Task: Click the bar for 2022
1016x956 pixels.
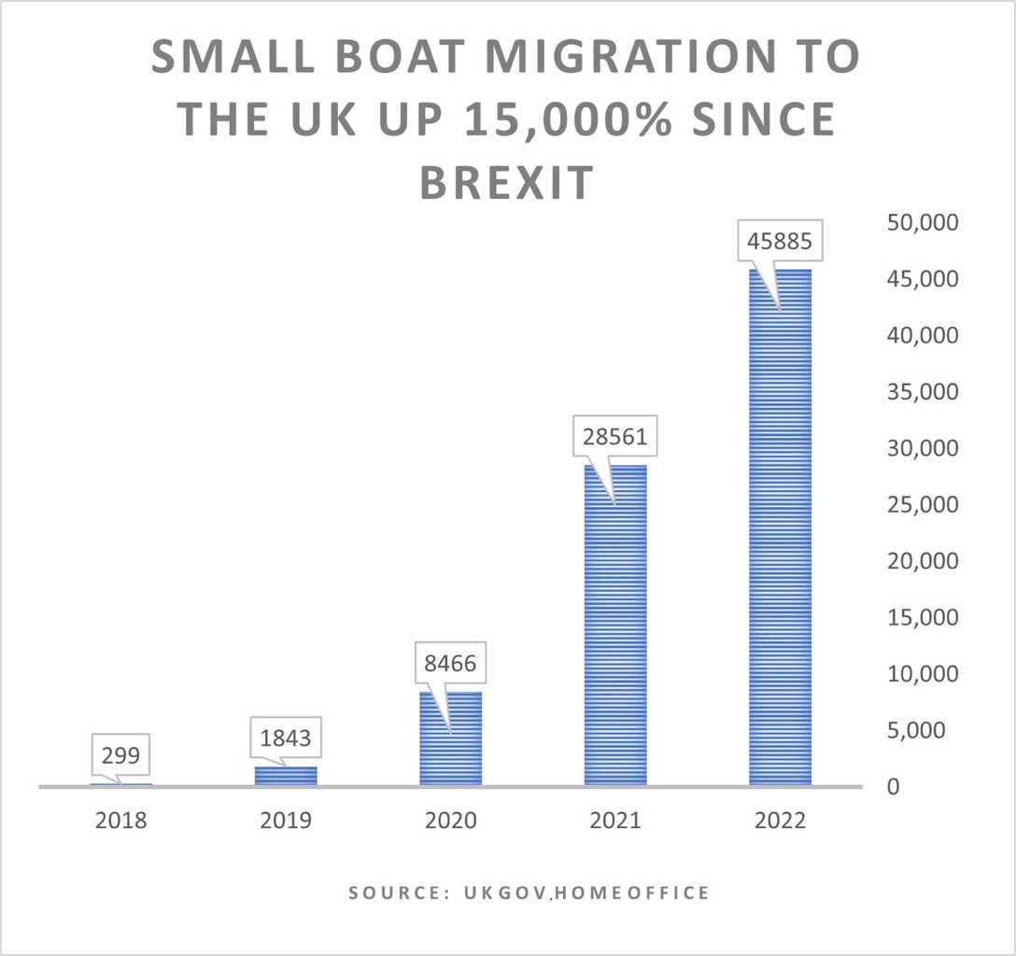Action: click(x=780, y=560)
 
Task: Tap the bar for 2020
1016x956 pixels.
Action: click(x=451, y=747)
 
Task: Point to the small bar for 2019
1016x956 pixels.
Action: click(x=287, y=776)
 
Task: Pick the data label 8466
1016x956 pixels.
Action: click(x=451, y=667)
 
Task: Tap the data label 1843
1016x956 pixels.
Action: click(x=287, y=738)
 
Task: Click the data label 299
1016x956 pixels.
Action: click(x=121, y=753)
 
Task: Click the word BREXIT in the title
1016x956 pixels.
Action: click(x=505, y=181)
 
